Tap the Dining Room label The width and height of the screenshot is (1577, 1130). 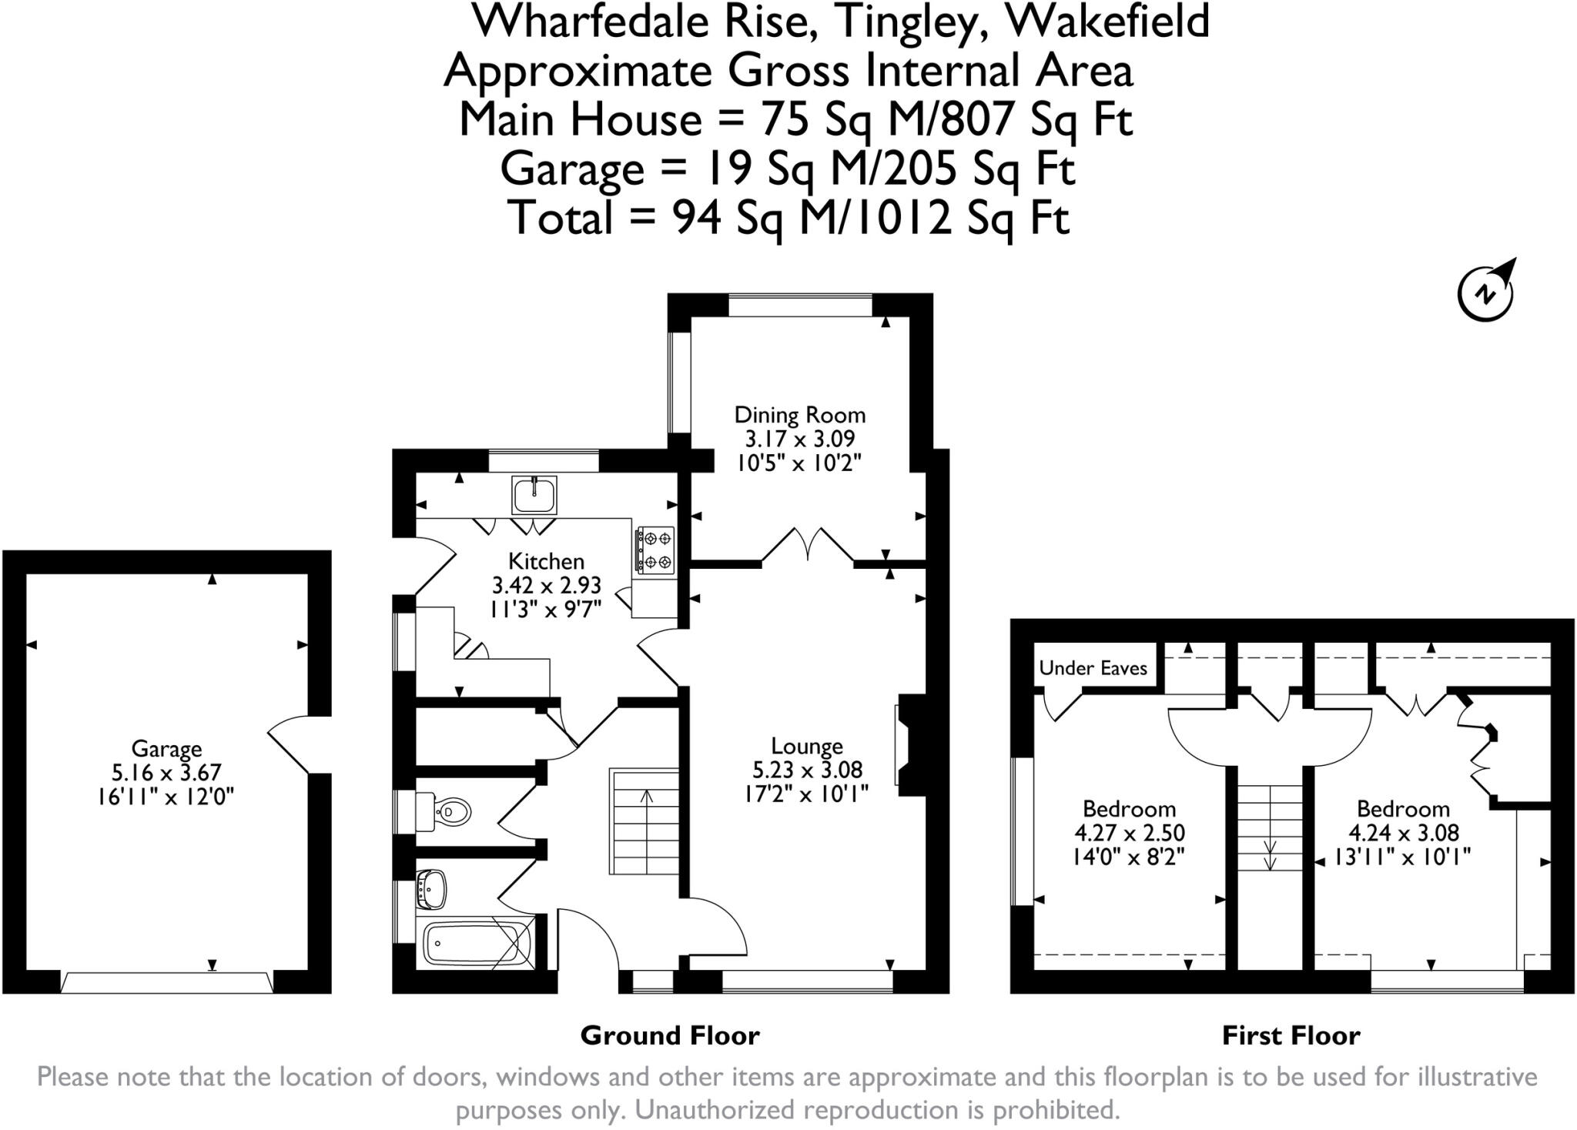coord(799,415)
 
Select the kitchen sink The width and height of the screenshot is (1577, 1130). coord(534,495)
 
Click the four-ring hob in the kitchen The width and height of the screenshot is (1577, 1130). coord(655,550)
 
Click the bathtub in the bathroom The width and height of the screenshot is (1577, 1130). coord(471,942)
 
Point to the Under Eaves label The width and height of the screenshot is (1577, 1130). coord(1093,668)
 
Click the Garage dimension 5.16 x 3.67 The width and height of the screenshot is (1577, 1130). coord(166,772)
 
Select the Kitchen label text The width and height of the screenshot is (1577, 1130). coord(546,561)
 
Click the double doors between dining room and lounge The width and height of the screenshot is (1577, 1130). coord(808,547)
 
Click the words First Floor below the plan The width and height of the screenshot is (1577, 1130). coord(1291,1035)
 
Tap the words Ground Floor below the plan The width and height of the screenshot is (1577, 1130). coord(669,1035)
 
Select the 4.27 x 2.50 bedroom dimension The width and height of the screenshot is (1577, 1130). coord(1129,832)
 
